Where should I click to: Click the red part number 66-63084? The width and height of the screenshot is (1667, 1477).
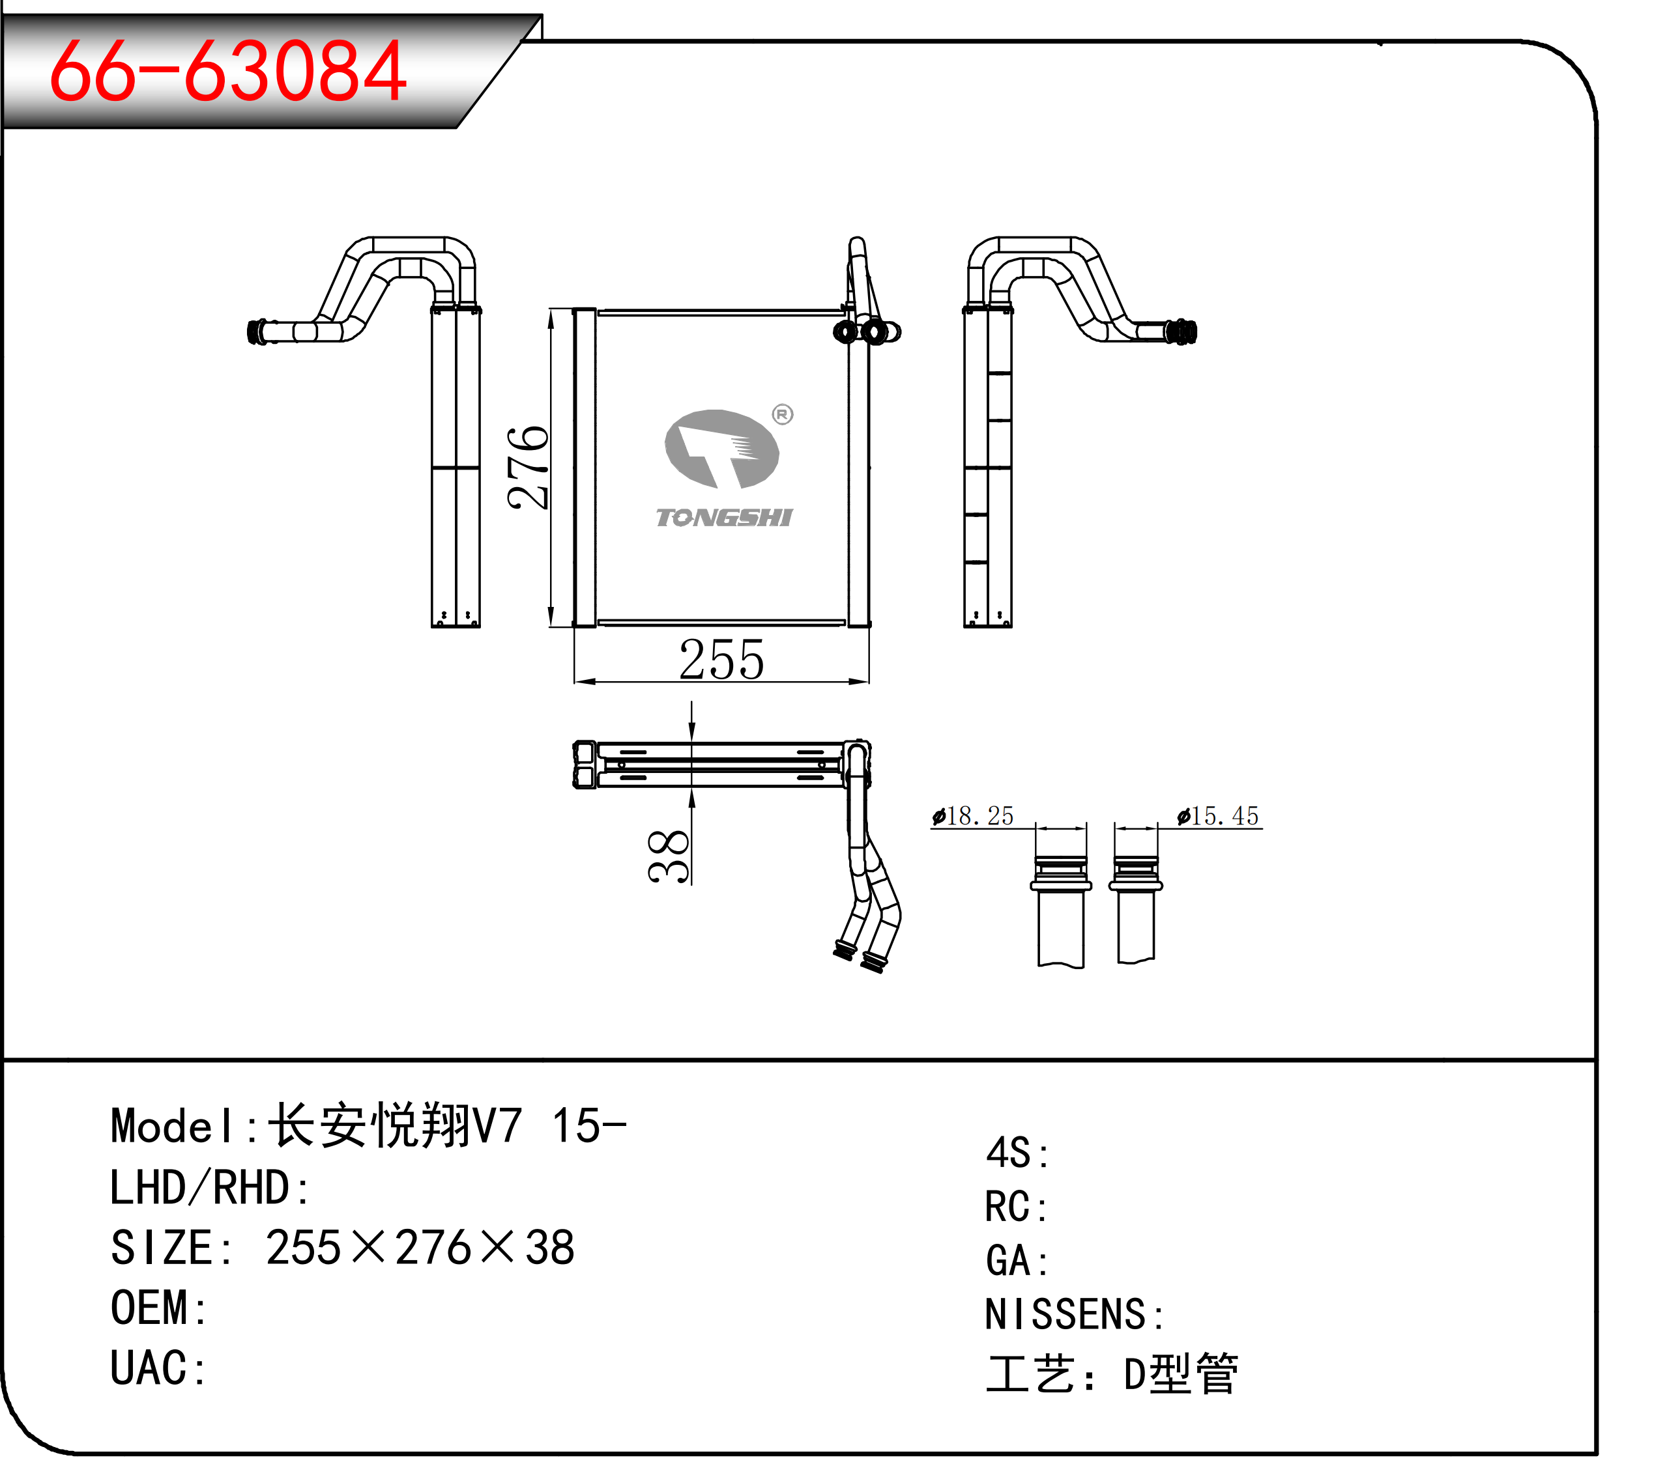tap(227, 72)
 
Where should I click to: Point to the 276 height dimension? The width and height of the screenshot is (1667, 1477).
tap(528, 468)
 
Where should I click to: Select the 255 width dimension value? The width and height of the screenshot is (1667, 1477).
tap(722, 660)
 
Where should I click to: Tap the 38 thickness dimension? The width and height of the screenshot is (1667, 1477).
tap(669, 856)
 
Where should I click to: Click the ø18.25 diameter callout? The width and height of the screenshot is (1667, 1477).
tap(973, 816)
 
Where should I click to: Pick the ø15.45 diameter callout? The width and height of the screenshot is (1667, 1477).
tap(1219, 816)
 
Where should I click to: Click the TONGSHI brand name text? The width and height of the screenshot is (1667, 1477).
tap(724, 518)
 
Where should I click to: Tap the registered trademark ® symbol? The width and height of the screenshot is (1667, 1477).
tap(783, 415)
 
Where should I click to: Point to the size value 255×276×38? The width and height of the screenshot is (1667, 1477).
tap(420, 1248)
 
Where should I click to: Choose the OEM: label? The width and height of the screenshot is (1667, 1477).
tap(158, 1308)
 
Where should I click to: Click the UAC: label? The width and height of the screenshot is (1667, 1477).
tap(158, 1369)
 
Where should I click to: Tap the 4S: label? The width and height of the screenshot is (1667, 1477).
tap(1017, 1153)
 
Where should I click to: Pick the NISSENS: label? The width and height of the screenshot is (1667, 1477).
tap(1075, 1315)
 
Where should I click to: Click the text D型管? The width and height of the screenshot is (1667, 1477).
tap(1181, 1374)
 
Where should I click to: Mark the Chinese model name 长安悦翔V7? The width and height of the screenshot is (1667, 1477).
tap(395, 1127)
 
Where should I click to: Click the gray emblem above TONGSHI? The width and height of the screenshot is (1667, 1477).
tap(722, 448)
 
